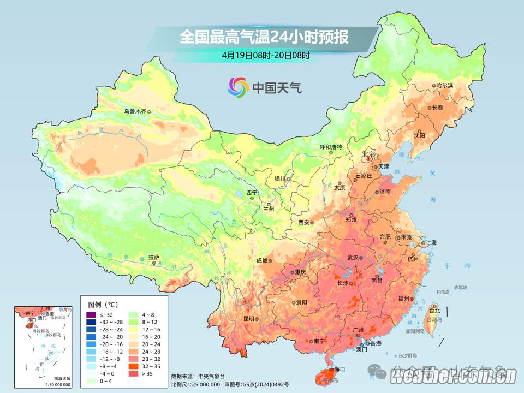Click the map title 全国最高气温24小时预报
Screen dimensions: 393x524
point(264,37)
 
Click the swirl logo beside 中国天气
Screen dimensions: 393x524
point(238,87)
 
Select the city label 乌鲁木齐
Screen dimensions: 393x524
point(135,111)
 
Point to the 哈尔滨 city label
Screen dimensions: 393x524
point(445,86)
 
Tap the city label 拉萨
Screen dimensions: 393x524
point(154,257)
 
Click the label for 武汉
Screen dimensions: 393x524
point(353,258)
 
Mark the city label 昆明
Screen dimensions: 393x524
point(249,319)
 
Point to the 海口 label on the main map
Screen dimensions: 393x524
point(340,370)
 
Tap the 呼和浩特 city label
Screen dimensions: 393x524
point(330,147)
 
